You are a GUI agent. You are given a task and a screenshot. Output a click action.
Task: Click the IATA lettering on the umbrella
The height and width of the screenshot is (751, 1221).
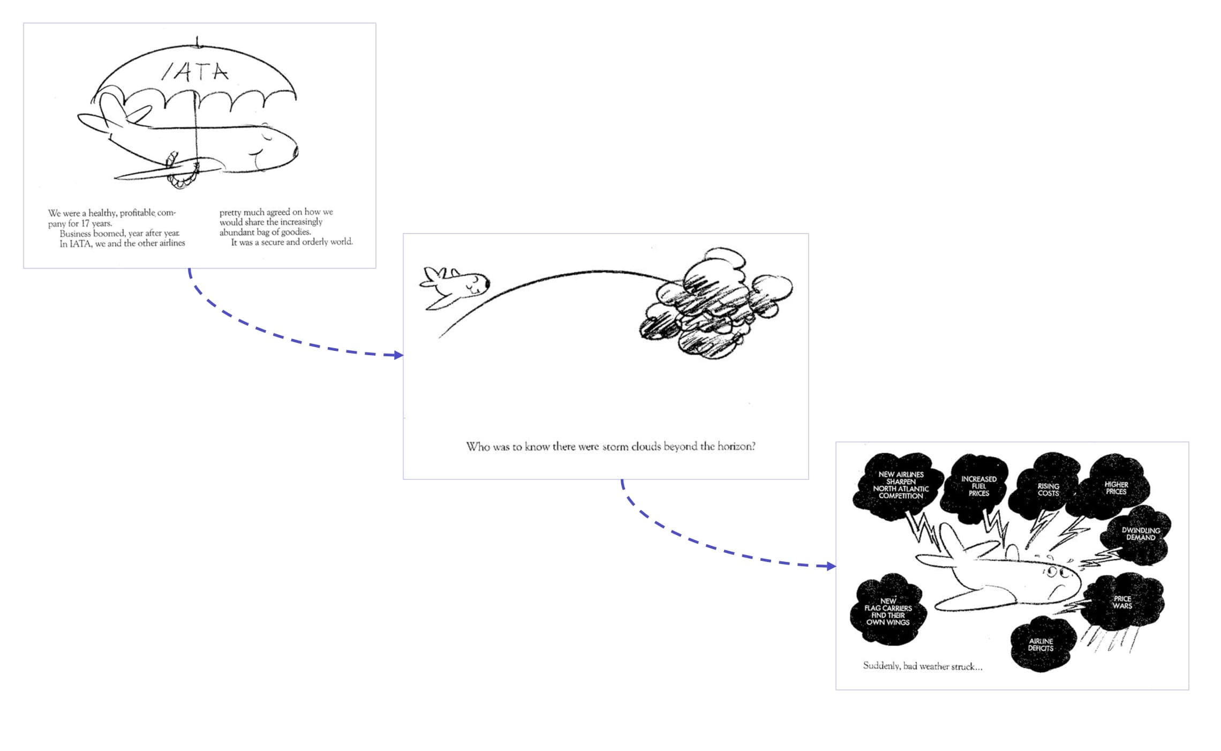tap(195, 72)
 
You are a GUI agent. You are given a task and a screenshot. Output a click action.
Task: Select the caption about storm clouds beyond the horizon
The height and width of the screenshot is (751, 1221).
tap(611, 447)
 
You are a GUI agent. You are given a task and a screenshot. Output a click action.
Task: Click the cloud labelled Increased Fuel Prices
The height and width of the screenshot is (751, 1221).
tap(978, 486)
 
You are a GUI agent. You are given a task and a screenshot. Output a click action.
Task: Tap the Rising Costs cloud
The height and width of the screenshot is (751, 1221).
tap(1048, 490)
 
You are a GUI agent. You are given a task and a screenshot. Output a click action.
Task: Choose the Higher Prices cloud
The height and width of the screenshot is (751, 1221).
tap(1116, 488)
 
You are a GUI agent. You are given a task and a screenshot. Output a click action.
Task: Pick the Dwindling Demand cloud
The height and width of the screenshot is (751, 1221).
tap(1141, 534)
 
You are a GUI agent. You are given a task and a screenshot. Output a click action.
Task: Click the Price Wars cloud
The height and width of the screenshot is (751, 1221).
tap(1122, 603)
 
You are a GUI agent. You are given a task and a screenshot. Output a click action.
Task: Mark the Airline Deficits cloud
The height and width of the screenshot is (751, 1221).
tap(1041, 644)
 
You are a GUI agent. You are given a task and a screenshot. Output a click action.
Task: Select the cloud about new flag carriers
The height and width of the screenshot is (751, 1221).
tap(888, 612)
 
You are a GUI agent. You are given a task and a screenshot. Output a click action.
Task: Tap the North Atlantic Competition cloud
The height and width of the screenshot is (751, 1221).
tap(901, 485)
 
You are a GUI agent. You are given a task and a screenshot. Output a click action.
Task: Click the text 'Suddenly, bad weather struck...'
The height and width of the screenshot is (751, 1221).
tap(922, 666)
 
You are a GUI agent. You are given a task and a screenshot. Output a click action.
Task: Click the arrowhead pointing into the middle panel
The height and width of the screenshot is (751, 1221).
tap(398, 355)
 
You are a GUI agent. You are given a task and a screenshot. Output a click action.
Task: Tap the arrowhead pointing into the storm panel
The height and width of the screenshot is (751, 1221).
tap(831, 566)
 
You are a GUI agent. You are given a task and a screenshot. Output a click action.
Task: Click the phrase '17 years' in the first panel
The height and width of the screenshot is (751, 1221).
tap(96, 223)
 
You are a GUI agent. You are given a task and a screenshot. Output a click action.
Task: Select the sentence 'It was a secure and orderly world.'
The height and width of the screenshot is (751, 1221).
tap(292, 242)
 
